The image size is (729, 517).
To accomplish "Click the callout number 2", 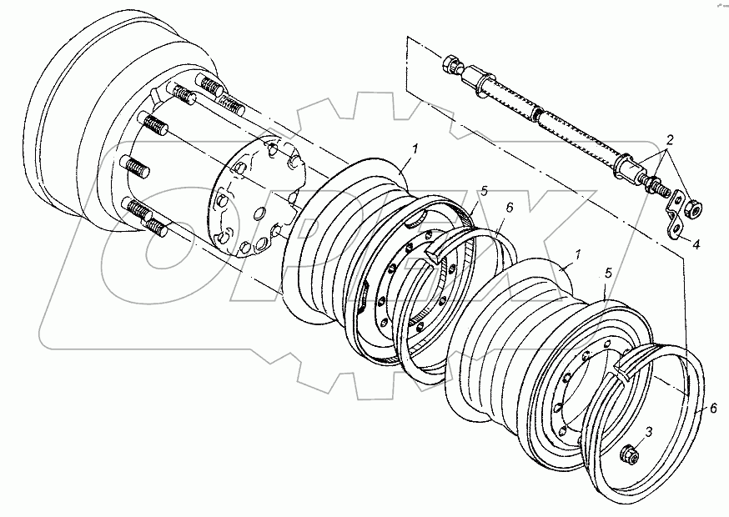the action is (x=670, y=139).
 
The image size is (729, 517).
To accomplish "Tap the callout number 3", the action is (x=650, y=431).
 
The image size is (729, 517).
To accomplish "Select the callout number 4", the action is (x=696, y=243).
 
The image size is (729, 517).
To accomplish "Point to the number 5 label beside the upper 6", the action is (x=485, y=191).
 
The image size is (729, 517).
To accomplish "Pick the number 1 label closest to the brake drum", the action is (x=415, y=149).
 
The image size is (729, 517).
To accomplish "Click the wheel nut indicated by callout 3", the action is (x=630, y=454).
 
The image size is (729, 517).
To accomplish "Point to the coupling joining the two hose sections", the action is (x=537, y=114).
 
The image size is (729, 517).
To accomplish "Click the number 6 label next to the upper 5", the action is (x=510, y=208).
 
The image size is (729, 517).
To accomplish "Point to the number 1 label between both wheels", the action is (x=578, y=254).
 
